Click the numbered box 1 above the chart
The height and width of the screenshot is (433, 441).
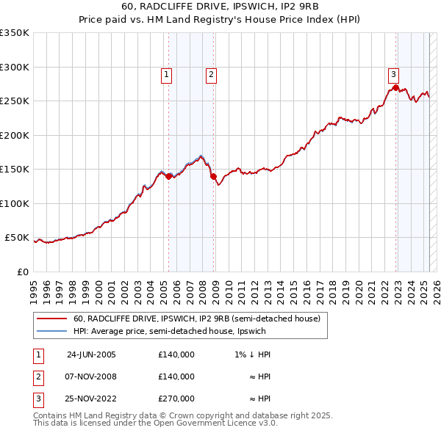(x=167, y=74)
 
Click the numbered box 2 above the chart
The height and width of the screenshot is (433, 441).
(x=211, y=74)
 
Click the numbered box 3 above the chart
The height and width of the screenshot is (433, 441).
(x=393, y=74)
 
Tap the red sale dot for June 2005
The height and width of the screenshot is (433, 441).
(x=169, y=176)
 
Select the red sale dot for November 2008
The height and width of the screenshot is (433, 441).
(x=213, y=176)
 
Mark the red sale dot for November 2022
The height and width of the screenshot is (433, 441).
(x=395, y=88)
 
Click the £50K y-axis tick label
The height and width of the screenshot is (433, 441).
(x=17, y=238)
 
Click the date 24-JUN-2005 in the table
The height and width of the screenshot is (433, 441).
(x=91, y=354)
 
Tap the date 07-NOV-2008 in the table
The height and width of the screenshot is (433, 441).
(x=91, y=376)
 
